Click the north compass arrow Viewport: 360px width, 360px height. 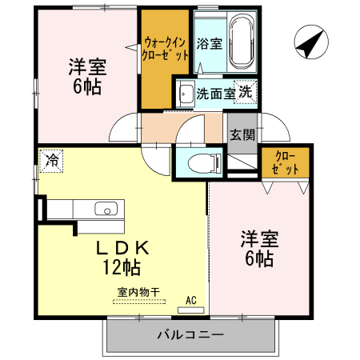point(309,43)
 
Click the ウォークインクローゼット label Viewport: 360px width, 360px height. point(166,49)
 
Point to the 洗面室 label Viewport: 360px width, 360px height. point(215,94)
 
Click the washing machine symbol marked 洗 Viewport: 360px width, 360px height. point(244,91)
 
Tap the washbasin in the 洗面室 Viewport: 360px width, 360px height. point(186,93)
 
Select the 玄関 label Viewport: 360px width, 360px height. point(242,134)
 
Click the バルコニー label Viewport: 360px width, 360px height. point(190,335)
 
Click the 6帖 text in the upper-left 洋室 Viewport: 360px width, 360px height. point(87,86)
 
